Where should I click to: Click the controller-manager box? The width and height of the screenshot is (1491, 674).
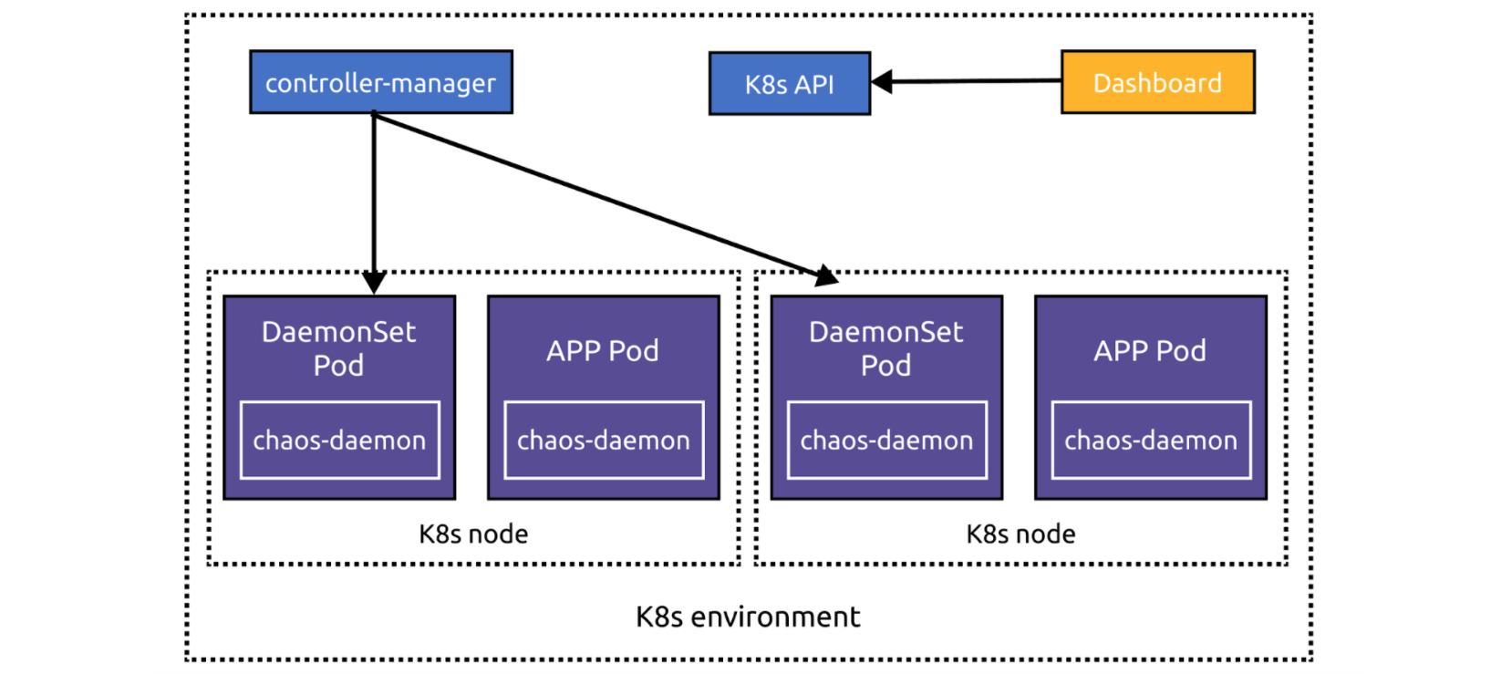pyautogui.click(x=381, y=82)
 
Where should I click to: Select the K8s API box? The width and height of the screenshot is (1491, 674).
pyautogui.click(x=789, y=84)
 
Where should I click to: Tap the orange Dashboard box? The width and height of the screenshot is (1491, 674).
pyautogui.click(x=1157, y=82)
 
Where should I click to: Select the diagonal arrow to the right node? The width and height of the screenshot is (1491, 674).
pyautogui.click(x=602, y=194)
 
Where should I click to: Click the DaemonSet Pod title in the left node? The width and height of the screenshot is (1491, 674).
pyautogui.click(x=338, y=348)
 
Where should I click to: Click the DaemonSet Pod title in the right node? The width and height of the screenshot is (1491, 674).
pyautogui.click(x=885, y=348)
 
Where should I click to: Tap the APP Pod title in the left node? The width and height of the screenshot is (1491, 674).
pyautogui.click(x=603, y=351)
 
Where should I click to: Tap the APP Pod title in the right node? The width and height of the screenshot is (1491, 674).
pyautogui.click(x=1150, y=351)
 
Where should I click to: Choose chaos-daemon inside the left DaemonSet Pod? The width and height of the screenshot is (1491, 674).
pyautogui.click(x=339, y=441)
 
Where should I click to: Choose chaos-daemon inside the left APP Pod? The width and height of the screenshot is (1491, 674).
pyautogui.click(x=603, y=441)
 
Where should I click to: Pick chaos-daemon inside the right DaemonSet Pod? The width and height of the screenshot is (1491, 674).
pyautogui.click(x=886, y=441)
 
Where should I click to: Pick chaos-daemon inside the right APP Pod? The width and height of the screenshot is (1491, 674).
pyautogui.click(x=1151, y=441)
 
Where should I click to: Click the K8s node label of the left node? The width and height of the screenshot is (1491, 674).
pyautogui.click(x=473, y=534)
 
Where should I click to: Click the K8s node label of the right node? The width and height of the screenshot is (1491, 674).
pyautogui.click(x=1020, y=534)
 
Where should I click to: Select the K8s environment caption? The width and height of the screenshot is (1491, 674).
pyautogui.click(x=748, y=617)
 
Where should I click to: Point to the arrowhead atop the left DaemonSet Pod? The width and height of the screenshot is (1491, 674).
pyautogui.click(x=374, y=282)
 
